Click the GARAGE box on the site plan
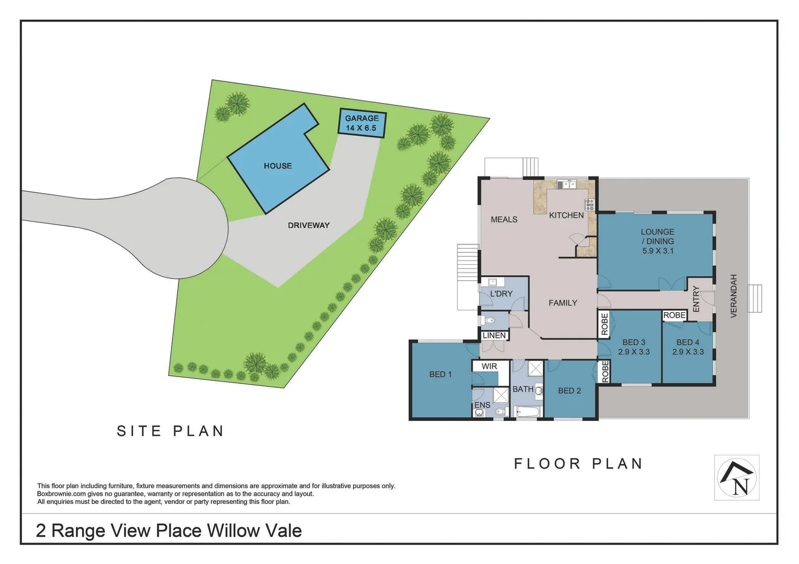point(362,123)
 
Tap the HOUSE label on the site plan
point(278,166)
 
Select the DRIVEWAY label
point(309,226)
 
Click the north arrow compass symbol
point(737,478)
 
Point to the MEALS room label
point(504,220)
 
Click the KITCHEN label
point(566,215)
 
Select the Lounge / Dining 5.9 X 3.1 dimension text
point(658,251)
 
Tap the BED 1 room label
point(440,374)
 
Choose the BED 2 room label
point(569,391)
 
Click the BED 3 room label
point(634,343)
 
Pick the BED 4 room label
point(688,343)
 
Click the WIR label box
point(489,367)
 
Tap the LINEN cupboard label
point(494,335)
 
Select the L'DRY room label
point(501,294)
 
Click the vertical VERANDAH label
point(733,296)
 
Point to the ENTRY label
point(696,299)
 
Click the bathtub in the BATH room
point(527,413)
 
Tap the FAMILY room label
point(563,303)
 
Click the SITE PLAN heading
point(170,431)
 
